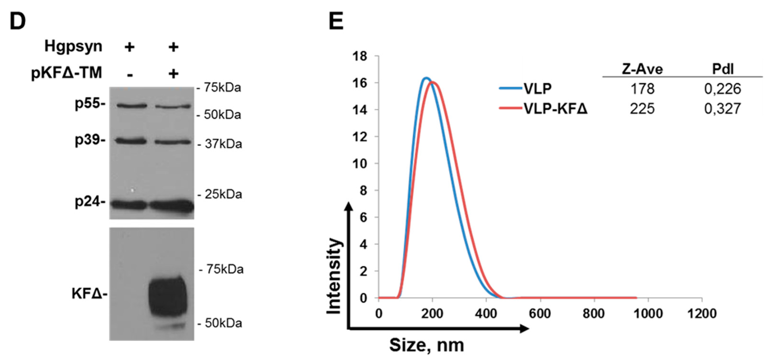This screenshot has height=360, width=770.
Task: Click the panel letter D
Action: pos(17,21)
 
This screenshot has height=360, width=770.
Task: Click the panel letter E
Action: pos(336,21)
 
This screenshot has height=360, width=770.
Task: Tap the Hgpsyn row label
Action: pos(73,47)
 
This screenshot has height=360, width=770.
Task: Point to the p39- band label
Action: pos(90,140)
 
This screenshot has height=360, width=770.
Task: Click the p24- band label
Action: pos(90,202)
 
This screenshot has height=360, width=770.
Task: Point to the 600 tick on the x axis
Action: pos(540,314)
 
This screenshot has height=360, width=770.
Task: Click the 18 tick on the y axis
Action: pos(360,56)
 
